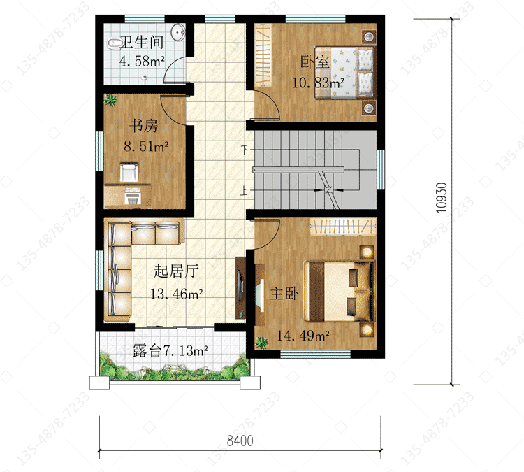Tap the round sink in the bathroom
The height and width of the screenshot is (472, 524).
click(177, 32)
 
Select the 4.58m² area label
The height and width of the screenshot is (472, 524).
click(142, 62)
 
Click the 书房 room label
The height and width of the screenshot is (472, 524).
click(143, 126)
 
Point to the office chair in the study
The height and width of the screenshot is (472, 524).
click(129, 172)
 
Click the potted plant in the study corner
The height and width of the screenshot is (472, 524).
click(110, 100)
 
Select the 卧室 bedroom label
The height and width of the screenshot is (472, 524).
click(314, 62)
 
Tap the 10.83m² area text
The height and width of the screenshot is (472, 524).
click(318, 83)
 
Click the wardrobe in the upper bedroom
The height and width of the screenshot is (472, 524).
click(263, 55)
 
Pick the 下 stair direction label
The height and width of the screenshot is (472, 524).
click(245, 149)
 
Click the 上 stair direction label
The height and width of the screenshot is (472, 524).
click(245, 190)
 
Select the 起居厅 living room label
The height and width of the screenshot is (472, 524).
click(176, 271)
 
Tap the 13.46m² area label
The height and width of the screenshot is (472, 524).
click(177, 294)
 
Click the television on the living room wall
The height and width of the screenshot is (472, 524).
click(240, 287)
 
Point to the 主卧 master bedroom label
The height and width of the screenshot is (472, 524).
click(284, 294)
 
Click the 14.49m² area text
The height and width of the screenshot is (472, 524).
click(303, 336)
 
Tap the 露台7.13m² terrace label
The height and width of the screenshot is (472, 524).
click(170, 350)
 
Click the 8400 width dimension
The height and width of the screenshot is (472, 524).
click(240, 441)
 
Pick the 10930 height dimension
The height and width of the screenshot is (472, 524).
click(442, 197)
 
